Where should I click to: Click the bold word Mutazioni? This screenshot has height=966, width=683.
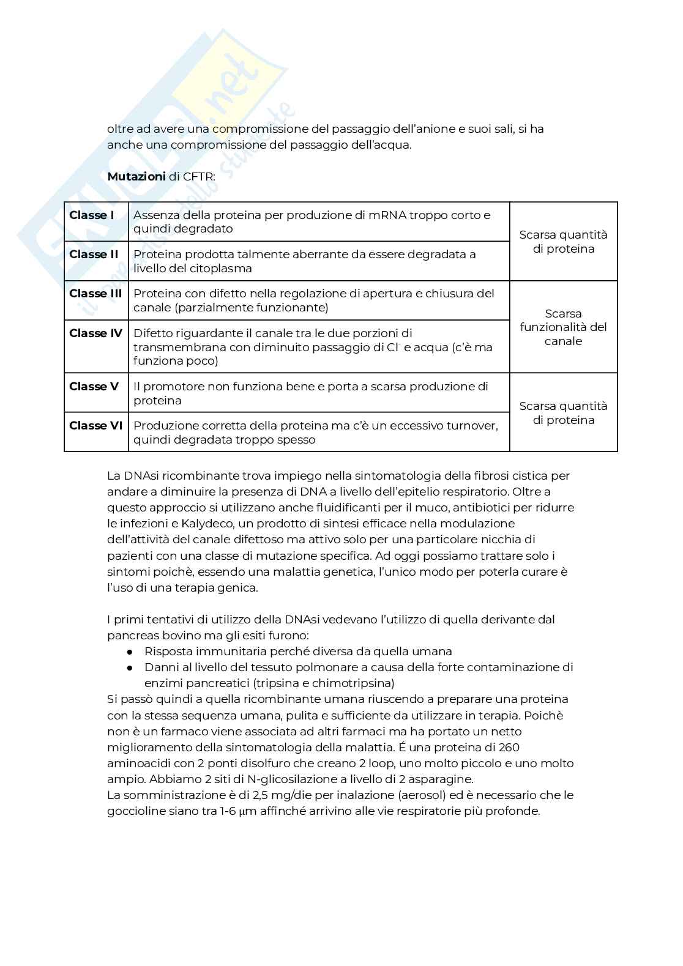[x=136, y=177]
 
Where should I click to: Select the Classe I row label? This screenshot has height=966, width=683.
[x=91, y=215]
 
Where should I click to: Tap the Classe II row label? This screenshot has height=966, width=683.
[x=94, y=255]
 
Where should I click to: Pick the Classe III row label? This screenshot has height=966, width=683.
[x=95, y=294]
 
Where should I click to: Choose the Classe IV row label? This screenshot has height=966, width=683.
[x=95, y=333]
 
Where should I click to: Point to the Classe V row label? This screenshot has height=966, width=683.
[x=94, y=387]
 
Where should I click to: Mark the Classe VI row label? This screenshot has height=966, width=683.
[x=95, y=426]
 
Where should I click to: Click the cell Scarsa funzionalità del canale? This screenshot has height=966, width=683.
[x=563, y=327]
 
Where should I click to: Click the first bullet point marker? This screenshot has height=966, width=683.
[x=130, y=652]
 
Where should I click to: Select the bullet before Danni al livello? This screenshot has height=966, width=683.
[x=130, y=667]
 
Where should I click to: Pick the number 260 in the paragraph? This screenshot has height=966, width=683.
[x=509, y=747]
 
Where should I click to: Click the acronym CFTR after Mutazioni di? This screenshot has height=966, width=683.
[x=199, y=177]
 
